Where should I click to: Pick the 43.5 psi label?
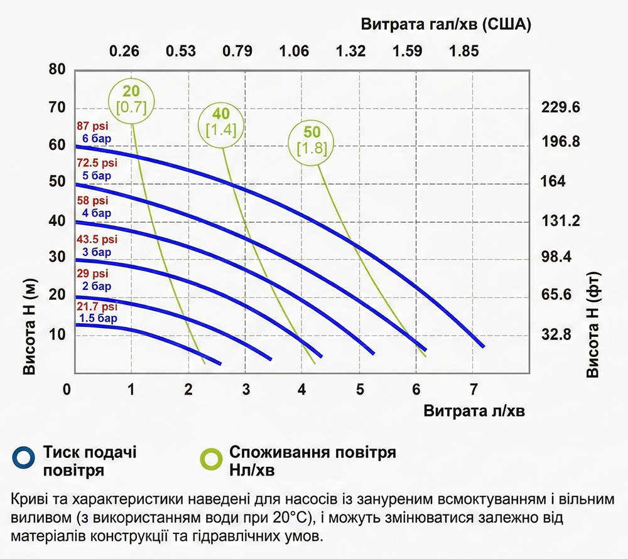tap(96, 240)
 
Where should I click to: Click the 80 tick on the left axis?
tap(57, 69)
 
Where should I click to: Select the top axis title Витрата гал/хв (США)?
tap(447, 25)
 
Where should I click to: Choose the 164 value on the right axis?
tap(553, 182)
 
